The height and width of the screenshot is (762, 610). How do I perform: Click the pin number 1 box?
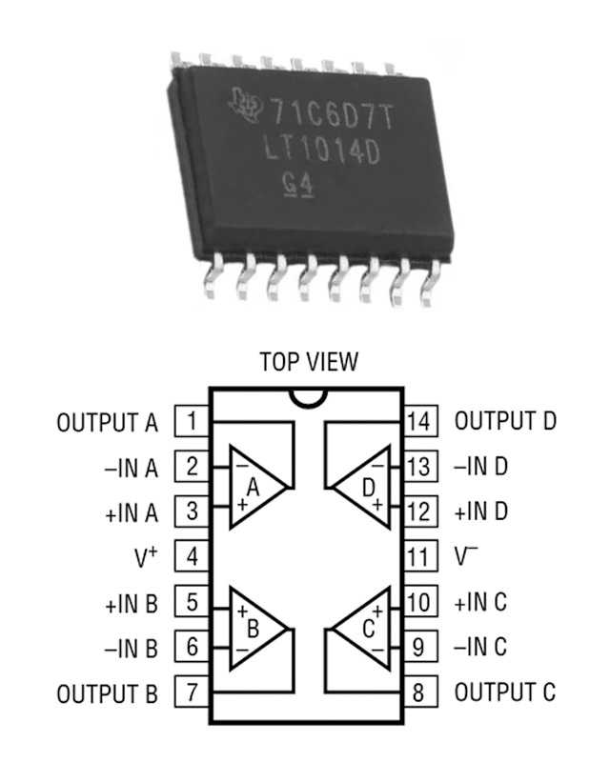click(x=192, y=421)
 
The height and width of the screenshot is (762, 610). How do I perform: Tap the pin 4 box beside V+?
click(x=192, y=557)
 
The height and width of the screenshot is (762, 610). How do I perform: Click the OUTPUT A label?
click(x=108, y=422)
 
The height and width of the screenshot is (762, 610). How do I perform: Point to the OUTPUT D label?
click(x=505, y=421)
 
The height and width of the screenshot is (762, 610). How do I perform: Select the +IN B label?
click(x=132, y=603)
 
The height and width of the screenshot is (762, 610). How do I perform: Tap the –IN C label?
click(x=481, y=648)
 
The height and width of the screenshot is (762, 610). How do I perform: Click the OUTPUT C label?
click(x=504, y=692)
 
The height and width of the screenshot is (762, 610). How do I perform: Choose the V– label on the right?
click(x=467, y=557)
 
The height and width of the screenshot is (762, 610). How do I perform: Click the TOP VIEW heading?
click(x=309, y=363)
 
